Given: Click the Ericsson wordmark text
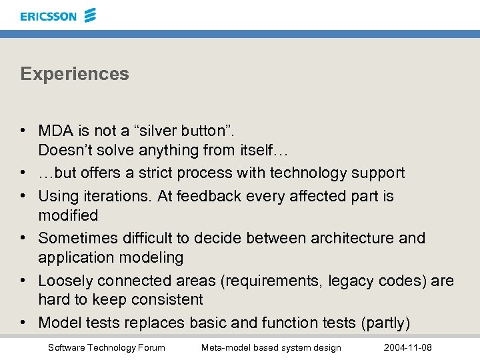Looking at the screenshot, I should pos(48,16).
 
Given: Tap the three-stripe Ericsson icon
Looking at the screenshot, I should pos(90,15).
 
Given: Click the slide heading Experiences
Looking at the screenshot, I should pos(75,74).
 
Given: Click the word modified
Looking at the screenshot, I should pos(68,215).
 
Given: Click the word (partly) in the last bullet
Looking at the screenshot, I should pos(385,323).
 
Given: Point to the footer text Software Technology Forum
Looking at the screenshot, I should pos(106,348).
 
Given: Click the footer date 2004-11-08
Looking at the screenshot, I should pos(408,348).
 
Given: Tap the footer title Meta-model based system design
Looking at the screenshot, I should pos(271,348).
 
